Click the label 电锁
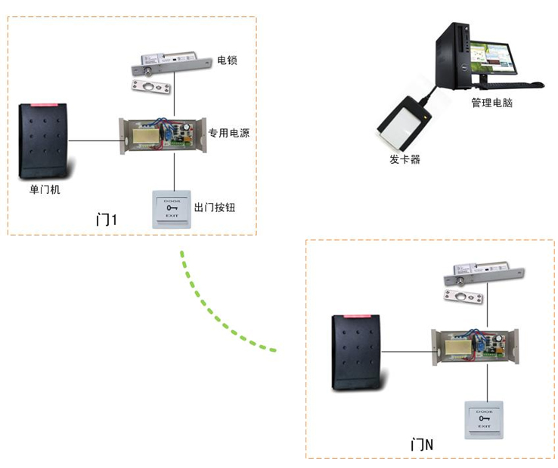coord(227,60)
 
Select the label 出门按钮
coord(215,207)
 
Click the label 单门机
coord(45,189)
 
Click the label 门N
coord(421,445)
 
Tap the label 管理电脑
coord(491,103)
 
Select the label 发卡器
coord(405,159)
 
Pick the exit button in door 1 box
coord(173,208)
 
